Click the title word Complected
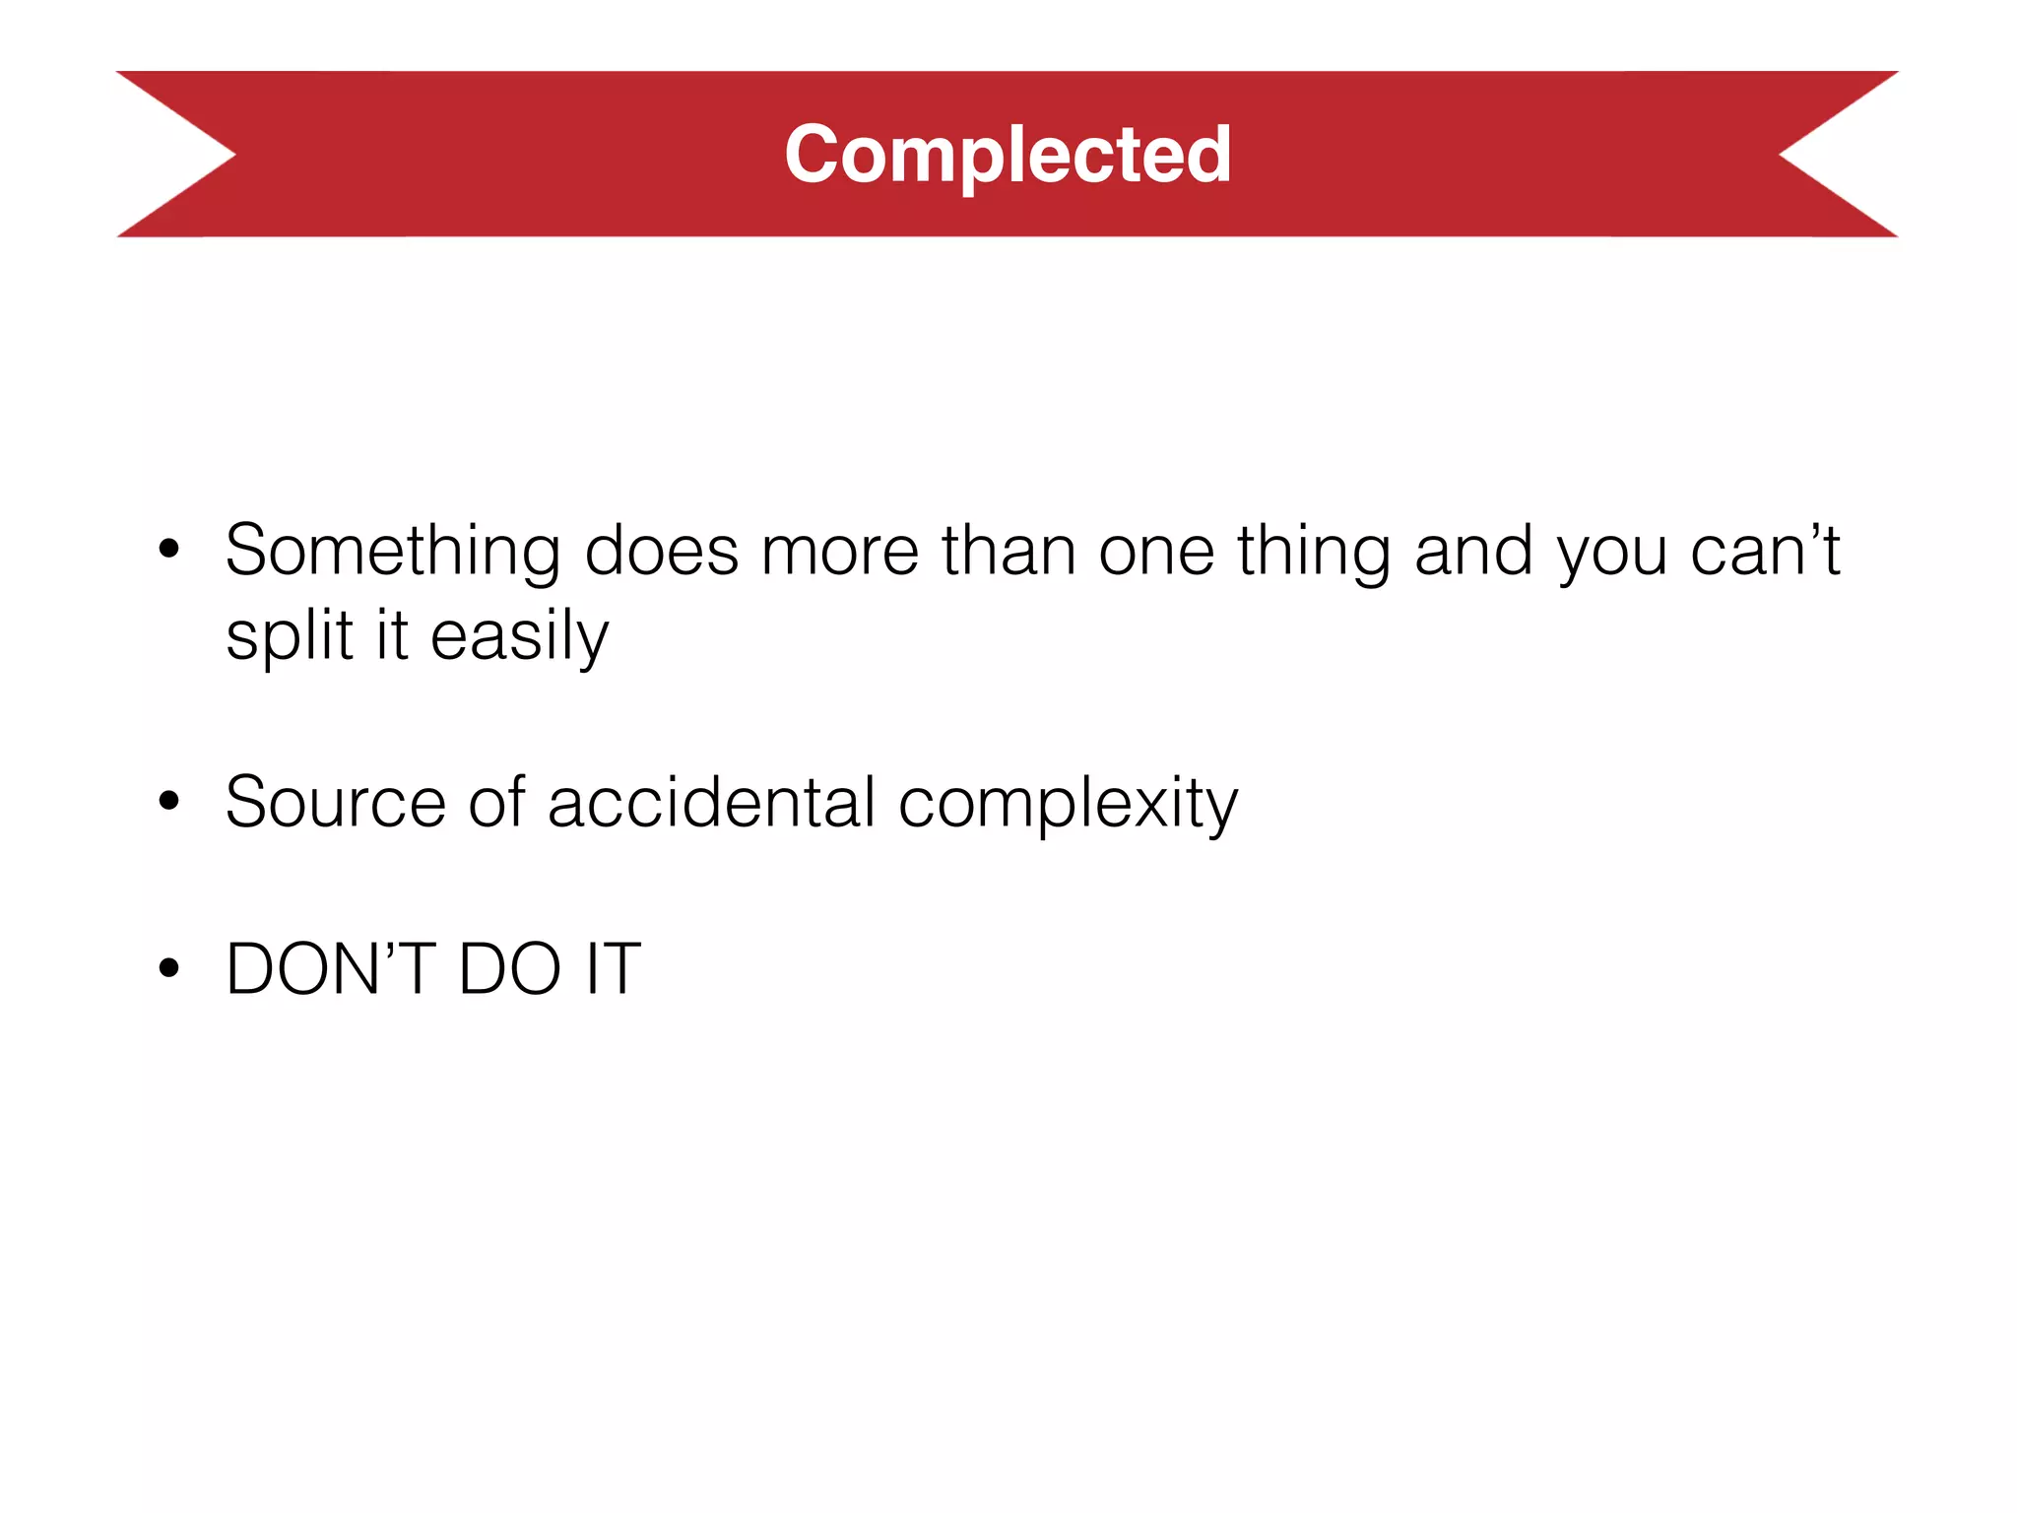pos(1008,155)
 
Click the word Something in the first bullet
pos(393,552)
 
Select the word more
pos(840,552)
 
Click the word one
pos(1156,552)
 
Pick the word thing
pos(1314,552)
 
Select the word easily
pos(519,637)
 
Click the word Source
pos(336,803)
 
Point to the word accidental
pos(711,803)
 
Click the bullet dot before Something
pos(169,550)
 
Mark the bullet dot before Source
pos(169,801)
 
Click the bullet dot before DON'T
pos(169,968)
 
